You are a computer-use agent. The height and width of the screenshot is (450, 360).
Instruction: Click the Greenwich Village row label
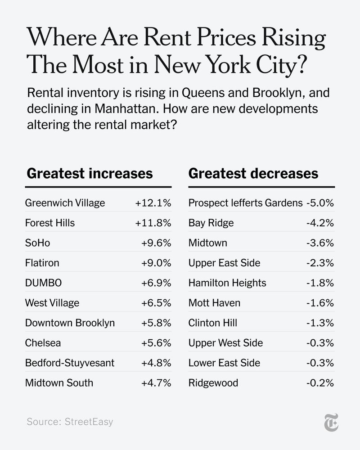coord(65,203)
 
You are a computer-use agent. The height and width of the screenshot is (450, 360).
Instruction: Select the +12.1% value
coord(153,203)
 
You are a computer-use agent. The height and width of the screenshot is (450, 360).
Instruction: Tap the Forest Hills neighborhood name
coord(50,223)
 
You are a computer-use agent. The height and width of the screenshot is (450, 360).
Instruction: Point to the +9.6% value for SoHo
coord(156,243)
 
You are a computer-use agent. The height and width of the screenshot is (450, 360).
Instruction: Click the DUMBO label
coord(43,283)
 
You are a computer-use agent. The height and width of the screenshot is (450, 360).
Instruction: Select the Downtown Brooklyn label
coord(70,323)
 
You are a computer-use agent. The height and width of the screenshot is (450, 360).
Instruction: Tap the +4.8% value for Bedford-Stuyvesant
coord(156,363)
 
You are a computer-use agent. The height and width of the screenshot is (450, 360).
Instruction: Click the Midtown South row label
coord(59,383)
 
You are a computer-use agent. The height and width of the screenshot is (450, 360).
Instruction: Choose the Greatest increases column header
coord(90,174)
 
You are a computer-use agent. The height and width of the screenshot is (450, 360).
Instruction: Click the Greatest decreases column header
coord(253,174)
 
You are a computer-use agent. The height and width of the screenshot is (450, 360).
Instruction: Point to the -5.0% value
coord(320,203)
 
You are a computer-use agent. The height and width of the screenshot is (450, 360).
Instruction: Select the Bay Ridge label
coord(211,223)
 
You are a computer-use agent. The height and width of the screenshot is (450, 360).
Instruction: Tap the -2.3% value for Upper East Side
coord(320,263)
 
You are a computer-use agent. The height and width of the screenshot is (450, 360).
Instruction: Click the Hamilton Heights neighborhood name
coord(227,283)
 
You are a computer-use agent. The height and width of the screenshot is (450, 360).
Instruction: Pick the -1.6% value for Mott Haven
coord(320,303)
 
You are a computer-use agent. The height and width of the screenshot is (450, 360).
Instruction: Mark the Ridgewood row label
coord(213,383)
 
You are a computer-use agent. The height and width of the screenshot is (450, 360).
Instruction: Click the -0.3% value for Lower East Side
coord(320,363)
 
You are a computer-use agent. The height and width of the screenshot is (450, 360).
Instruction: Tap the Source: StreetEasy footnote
coord(70,422)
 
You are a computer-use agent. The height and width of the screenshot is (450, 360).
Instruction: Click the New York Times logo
coord(331,422)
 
